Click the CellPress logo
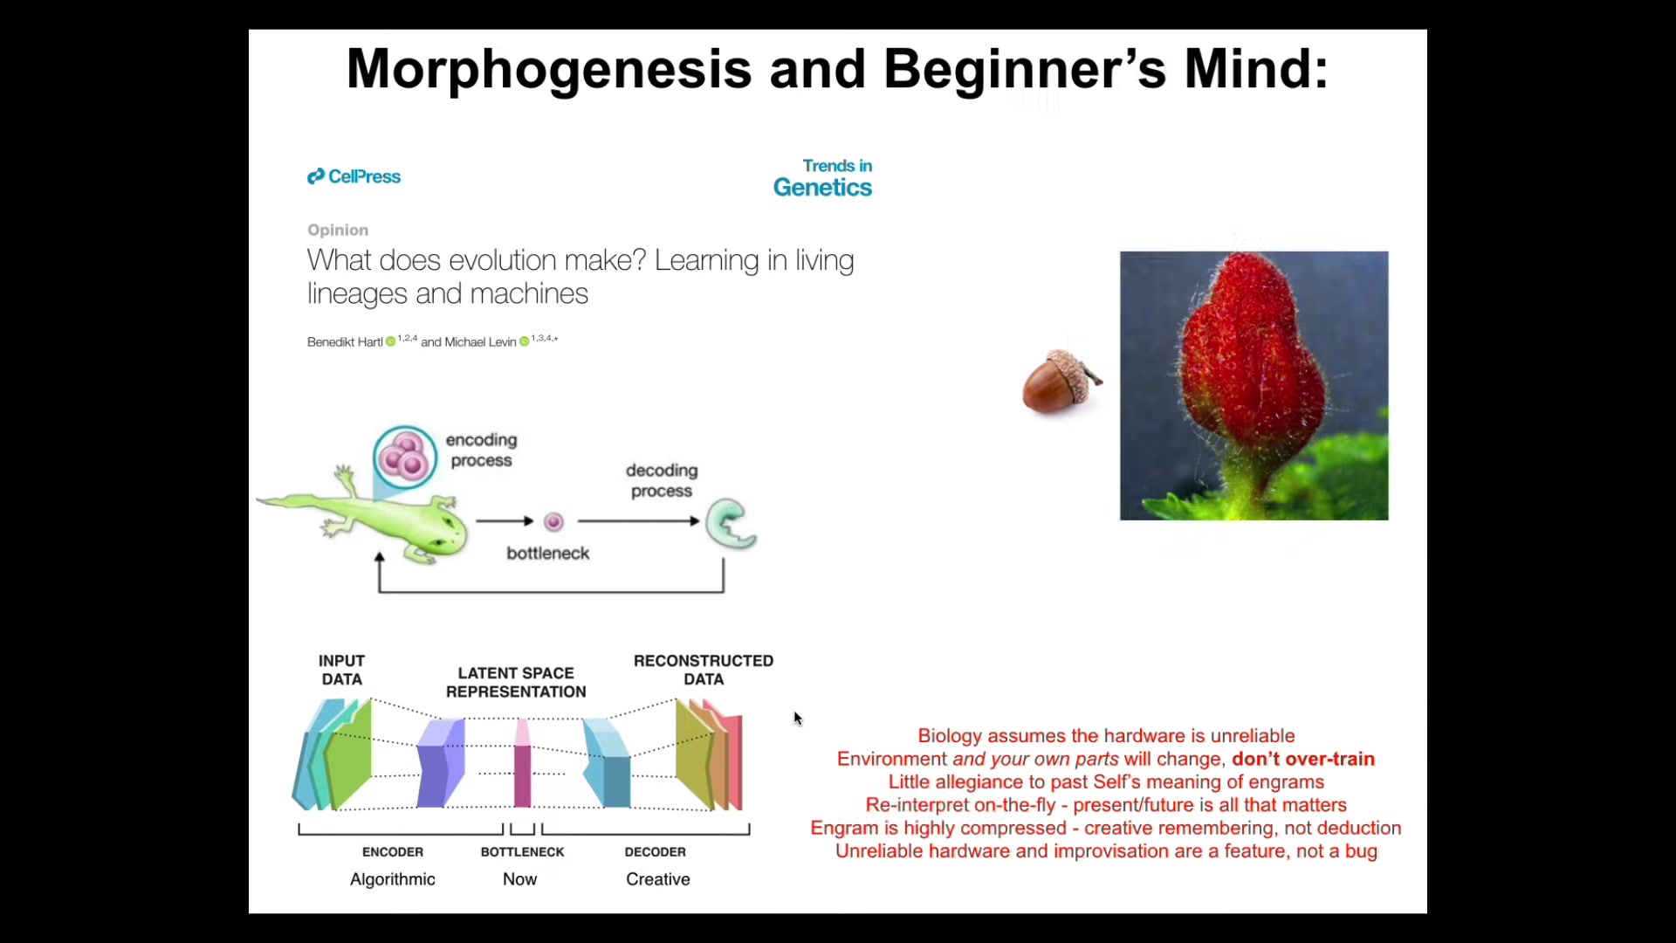click(x=354, y=176)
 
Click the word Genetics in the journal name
click(x=822, y=188)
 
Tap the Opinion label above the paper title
click(x=338, y=230)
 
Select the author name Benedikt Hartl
click(x=345, y=341)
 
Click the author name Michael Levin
click(x=480, y=341)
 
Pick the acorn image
click(x=1061, y=381)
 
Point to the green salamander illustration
click(x=375, y=520)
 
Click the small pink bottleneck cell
click(x=553, y=522)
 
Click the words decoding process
click(x=662, y=480)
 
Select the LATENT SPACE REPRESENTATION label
click(x=516, y=682)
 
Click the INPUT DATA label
click(x=341, y=670)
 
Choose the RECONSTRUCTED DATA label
click(x=704, y=670)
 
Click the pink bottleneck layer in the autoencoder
click(x=522, y=763)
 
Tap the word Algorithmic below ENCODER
click(x=393, y=879)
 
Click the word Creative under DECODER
click(x=658, y=879)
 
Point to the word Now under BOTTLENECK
click(x=520, y=879)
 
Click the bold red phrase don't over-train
click(x=1303, y=759)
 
